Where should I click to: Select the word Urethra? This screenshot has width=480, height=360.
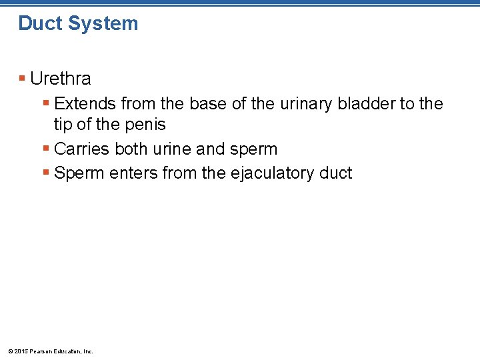point(61,79)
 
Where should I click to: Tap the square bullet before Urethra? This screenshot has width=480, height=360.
point(22,79)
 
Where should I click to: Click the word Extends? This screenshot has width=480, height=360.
point(85,104)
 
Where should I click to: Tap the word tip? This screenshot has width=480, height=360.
point(63,124)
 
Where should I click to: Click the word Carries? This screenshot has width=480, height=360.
point(82,149)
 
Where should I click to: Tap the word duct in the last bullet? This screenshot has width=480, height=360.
point(335,173)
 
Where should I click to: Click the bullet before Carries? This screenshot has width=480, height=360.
point(45,149)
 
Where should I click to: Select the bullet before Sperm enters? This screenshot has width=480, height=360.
point(45,173)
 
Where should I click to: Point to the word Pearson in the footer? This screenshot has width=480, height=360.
point(43,351)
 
